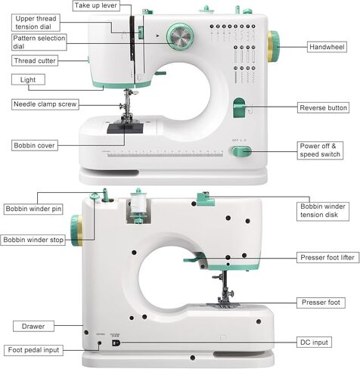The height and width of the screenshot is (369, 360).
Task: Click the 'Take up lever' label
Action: tap(96, 5)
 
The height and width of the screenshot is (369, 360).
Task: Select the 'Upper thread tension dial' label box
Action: tap(36, 23)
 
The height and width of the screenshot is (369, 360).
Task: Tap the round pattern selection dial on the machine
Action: tap(180, 37)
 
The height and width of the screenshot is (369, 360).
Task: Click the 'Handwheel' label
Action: tap(327, 47)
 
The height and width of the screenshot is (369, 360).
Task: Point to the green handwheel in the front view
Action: tap(273, 47)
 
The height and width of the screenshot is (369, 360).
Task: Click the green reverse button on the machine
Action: tap(239, 108)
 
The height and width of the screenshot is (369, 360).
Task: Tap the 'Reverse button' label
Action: tap(323, 108)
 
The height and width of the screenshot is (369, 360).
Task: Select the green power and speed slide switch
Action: tap(241, 151)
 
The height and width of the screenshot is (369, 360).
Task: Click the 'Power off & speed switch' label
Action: tap(320, 150)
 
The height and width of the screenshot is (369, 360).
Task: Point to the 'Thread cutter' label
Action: tap(35, 60)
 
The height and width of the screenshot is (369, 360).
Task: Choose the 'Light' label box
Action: tap(28, 79)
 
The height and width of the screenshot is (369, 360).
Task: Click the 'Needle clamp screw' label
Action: tap(45, 104)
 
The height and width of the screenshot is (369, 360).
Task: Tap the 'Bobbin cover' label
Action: tap(35, 146)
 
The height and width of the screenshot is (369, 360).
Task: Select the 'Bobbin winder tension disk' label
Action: tap(323, 211)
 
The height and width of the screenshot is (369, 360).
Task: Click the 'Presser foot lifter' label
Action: tap(327, 257)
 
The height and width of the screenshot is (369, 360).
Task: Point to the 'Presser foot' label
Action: tap(321, 302)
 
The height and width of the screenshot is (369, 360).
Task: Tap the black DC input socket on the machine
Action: tap(116, 343)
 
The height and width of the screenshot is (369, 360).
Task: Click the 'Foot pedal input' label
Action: tap(33, 350)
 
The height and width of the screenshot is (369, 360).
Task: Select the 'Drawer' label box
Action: tap(33, 327)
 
